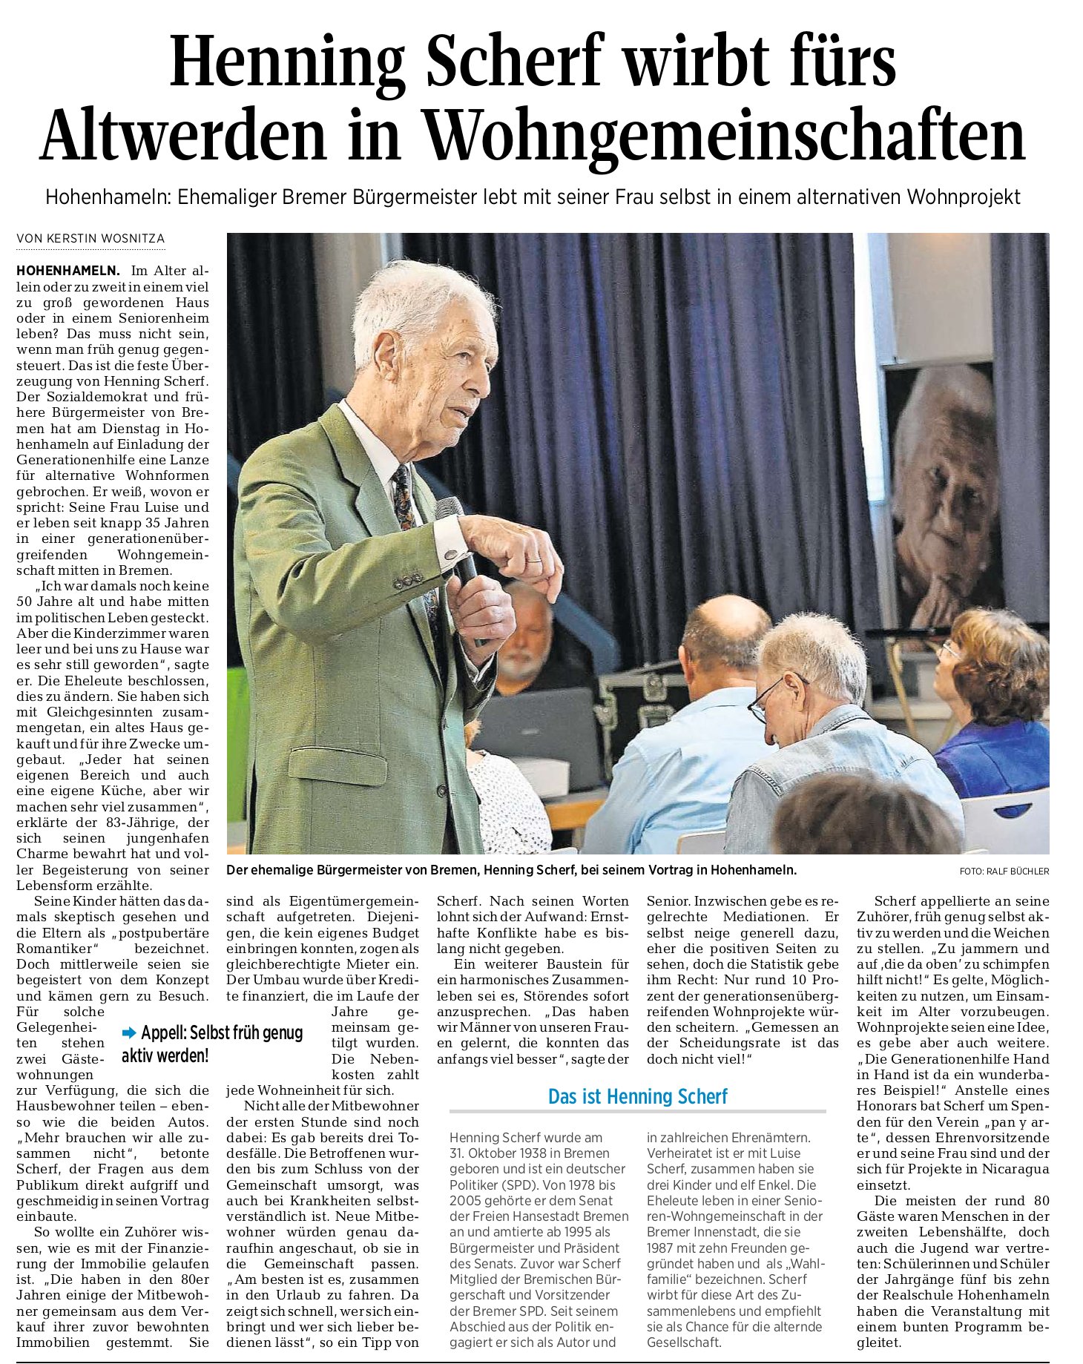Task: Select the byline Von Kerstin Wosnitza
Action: (90, 239)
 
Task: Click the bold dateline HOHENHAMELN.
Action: (68, 271)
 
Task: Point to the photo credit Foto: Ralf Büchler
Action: (1004, 872)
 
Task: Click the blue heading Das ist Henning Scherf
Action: (637, 1096)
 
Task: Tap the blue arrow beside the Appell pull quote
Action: (129, 1032)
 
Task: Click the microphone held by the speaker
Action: (455, 541)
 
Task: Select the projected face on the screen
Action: (946, 490)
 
